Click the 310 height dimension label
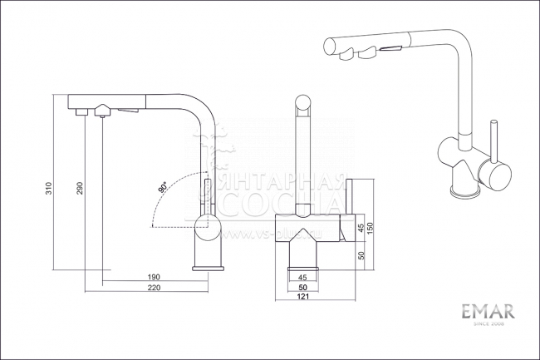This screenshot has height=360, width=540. tap(50, 189)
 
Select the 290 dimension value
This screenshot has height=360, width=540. tap(79, 189)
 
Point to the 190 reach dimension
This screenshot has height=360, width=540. tap(154, 277)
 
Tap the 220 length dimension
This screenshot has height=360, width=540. tap(154, 288)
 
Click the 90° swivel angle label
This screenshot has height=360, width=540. tap(164, 187)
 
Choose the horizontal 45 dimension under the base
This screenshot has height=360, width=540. tap(302, 277)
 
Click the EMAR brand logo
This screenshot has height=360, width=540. tap(488, 312)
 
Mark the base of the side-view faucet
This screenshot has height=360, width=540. tap(209, 267)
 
